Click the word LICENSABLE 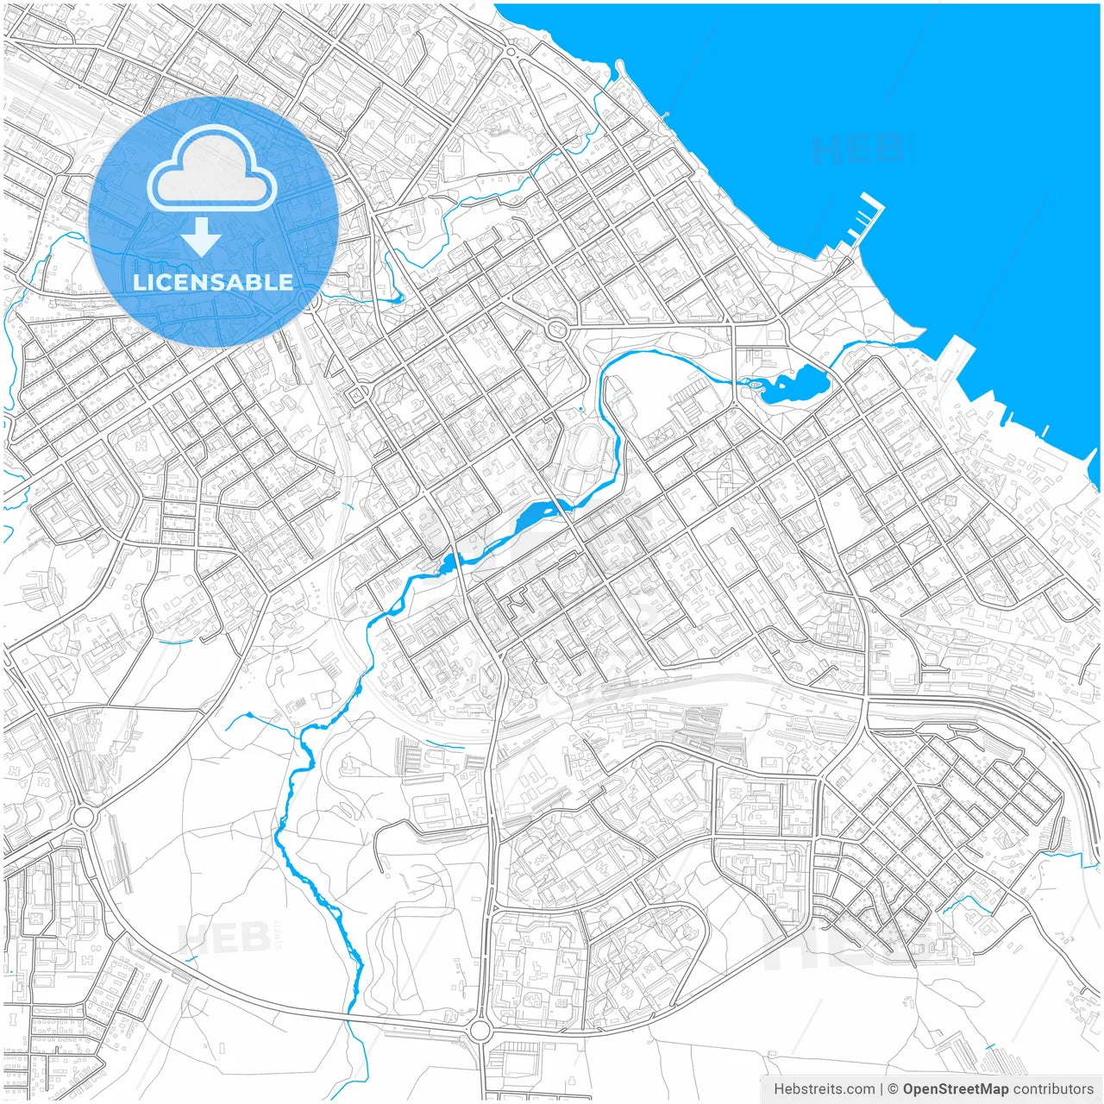coord(213,282)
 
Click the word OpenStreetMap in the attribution coord(955,1089)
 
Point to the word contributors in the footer coord(1053,1089)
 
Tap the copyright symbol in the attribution coord(894,1089)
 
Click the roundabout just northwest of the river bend coord(557,329)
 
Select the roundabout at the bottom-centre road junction coord(480,1030)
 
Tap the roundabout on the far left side coord(84,816)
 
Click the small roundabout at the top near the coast coord(511,53)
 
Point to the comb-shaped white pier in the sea coord(865,221)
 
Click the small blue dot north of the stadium coord(581,409)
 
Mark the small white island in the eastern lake coord(756,385)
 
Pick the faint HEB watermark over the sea coord(858,149)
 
